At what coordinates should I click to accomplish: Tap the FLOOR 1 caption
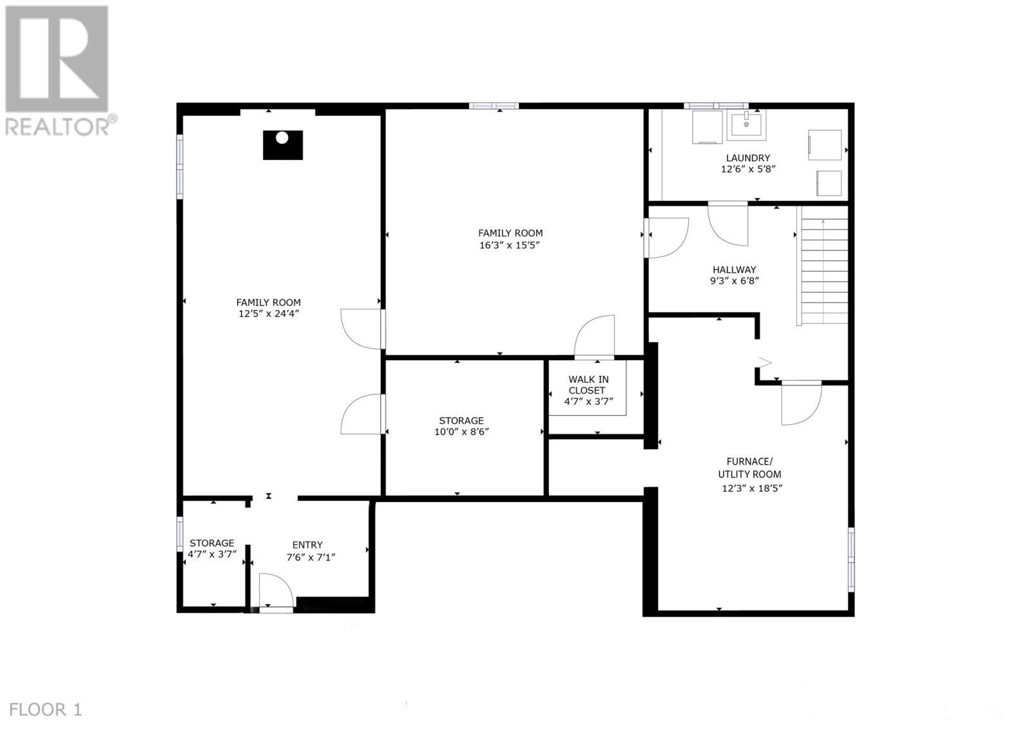tap(46, 710)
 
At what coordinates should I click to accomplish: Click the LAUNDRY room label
tap(747, 158)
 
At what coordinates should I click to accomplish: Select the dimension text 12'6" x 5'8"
tap(747, 170)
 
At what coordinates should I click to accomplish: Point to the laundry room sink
tap(747, 124)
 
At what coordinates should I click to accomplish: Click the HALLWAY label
tap(734, 270)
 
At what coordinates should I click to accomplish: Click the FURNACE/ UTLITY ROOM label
tap(749, 467)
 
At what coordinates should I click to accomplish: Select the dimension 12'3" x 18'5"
tap(751, 488)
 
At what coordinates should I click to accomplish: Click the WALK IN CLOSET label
tap(588, 385)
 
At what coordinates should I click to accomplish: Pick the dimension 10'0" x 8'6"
tap(461, 432)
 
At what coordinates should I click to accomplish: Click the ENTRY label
tap(307, 545)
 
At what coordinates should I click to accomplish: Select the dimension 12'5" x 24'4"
tap(268, 314)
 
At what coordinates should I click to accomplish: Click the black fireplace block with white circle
tap(282, 145)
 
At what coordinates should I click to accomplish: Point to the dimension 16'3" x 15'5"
tap(510, 245)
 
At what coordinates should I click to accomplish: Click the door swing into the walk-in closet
tap(594, 336)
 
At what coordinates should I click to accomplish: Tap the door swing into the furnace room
tap(801, 404)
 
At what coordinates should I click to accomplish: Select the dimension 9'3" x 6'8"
tap(734, 281)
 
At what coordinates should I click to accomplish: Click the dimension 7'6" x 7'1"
tap(311, 557)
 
